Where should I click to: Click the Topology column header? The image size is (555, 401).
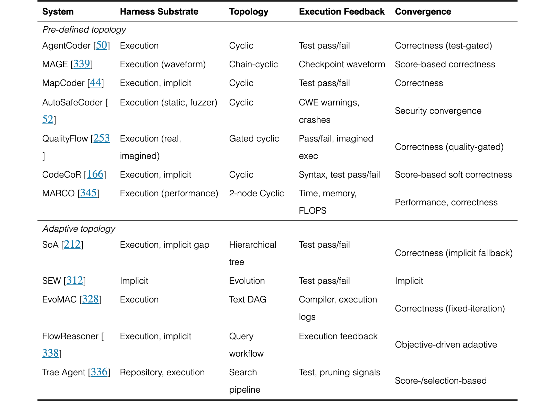(248, 12)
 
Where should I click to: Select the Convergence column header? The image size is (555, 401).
(423, 12)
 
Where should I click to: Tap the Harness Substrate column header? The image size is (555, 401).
(159, 12)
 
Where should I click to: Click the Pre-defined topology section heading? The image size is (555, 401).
(84, 30)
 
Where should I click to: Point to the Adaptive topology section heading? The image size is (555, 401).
(79, 229)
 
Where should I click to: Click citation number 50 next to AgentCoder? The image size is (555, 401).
(102, 45)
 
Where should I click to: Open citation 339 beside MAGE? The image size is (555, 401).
(82, 64)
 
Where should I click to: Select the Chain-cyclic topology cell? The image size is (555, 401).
(254, 65)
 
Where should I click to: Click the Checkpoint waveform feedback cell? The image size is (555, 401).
(342, 65)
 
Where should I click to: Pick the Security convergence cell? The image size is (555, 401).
(438, 111)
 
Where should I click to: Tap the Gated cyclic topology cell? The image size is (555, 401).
(254, 138)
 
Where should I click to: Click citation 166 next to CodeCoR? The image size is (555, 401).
(95, 174)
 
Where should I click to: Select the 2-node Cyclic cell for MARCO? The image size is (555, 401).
(256, 193)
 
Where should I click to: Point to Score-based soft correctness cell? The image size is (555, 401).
(453, 175)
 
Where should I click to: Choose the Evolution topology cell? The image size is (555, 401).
(247, 281)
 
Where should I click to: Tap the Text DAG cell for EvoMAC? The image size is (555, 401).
(248, 300)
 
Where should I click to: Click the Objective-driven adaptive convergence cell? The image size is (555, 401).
(446, 344)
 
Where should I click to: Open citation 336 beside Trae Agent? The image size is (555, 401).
(99, 372)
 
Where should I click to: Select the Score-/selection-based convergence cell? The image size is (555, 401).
(441, 381)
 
